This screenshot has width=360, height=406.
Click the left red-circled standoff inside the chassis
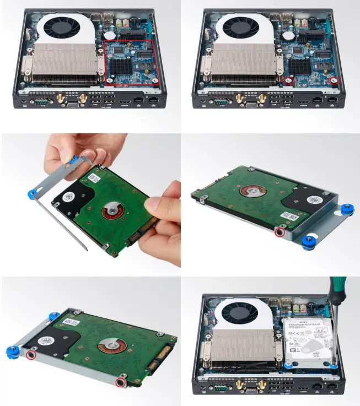click(287, 80)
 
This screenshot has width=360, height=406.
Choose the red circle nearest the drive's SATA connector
click(121, 382)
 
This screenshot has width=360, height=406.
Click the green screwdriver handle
click(336, 286)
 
